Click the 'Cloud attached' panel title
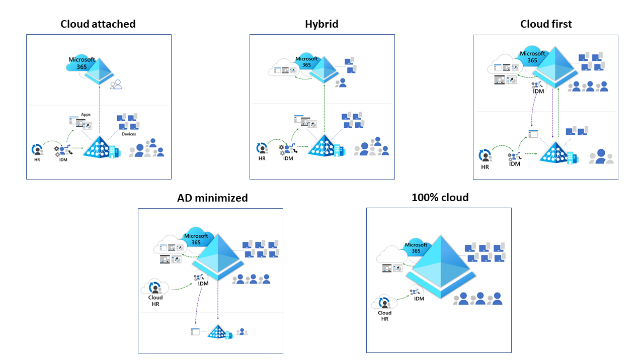[98, 24]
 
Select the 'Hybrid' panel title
[321, 24]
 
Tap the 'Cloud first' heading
[546, 24]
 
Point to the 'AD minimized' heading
[212, 198]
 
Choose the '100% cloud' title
[440, 198]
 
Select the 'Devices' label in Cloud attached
[128, 134]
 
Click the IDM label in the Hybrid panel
[288, 159]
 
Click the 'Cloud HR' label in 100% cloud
[384, 316]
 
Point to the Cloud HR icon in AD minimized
[154, 287]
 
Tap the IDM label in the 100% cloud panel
[419, 299]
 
